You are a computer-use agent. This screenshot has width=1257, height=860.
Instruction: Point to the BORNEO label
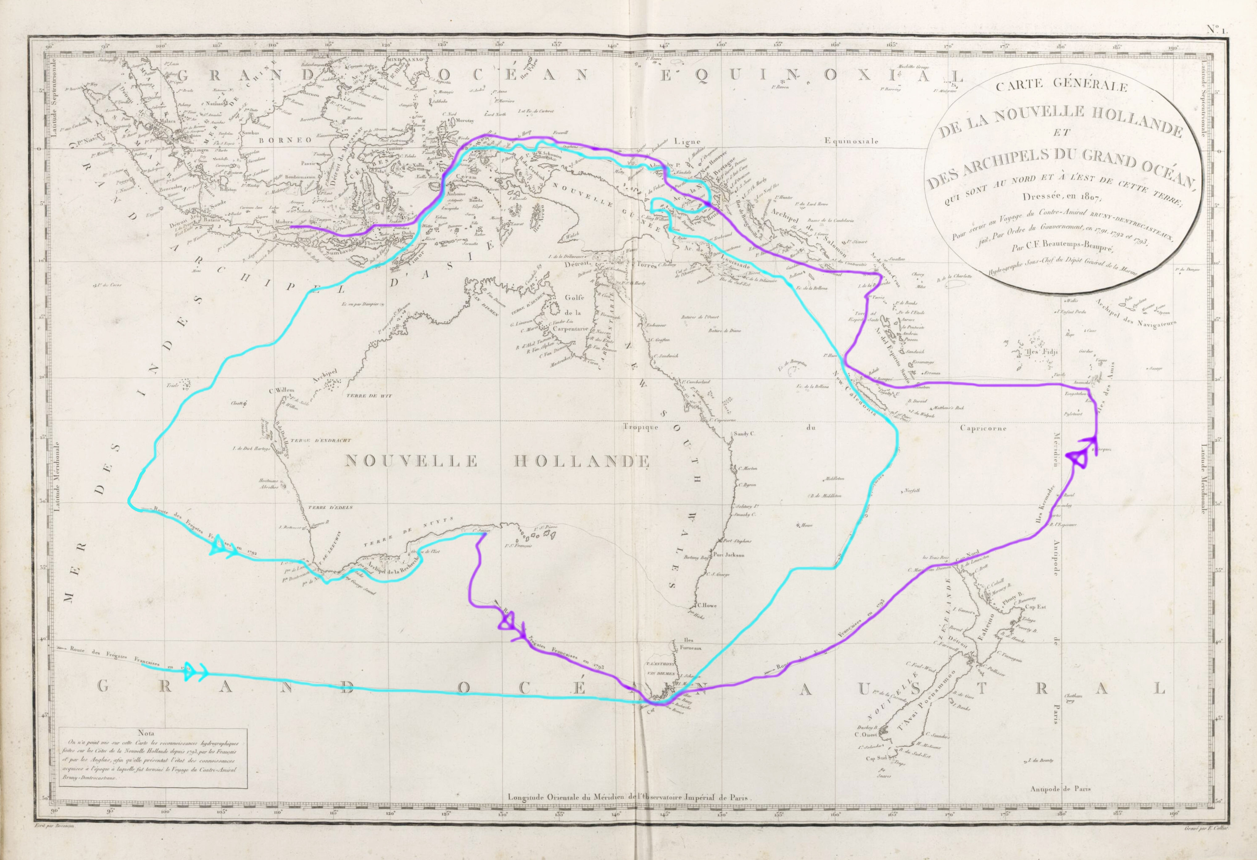(x=286, y=139)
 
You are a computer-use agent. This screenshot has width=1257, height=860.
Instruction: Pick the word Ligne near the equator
(x=688, y=141)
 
